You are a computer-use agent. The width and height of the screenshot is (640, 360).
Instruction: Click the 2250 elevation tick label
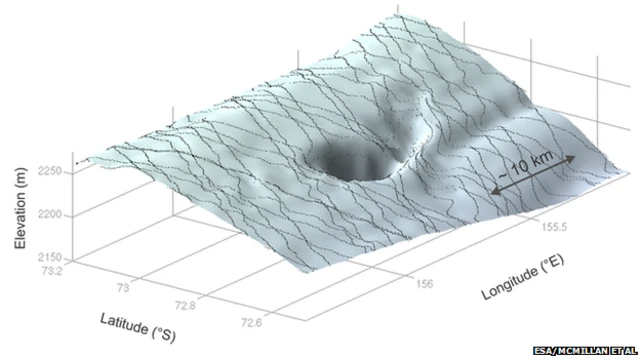[x=50, y=171]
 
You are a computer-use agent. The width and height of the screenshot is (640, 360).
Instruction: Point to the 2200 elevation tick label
[x=50, y=214]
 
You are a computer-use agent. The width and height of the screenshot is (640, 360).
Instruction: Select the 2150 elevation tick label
[x=50, y=257]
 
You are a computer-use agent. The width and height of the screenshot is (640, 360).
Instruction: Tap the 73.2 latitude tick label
[x=52, y=270]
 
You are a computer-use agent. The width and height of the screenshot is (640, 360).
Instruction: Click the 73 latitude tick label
[x=123, y=288]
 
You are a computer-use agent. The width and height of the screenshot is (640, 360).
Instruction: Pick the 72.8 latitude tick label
[x=185, y=305]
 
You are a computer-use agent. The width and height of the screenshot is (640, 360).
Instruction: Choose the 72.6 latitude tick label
[x=251, y=322]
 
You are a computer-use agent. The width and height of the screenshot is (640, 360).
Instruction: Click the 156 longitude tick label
[x=424, y=283]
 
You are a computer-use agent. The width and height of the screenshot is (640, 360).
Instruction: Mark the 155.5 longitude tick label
[x=554, y=226]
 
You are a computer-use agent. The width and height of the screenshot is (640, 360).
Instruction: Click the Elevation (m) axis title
[x=20, y=208]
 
